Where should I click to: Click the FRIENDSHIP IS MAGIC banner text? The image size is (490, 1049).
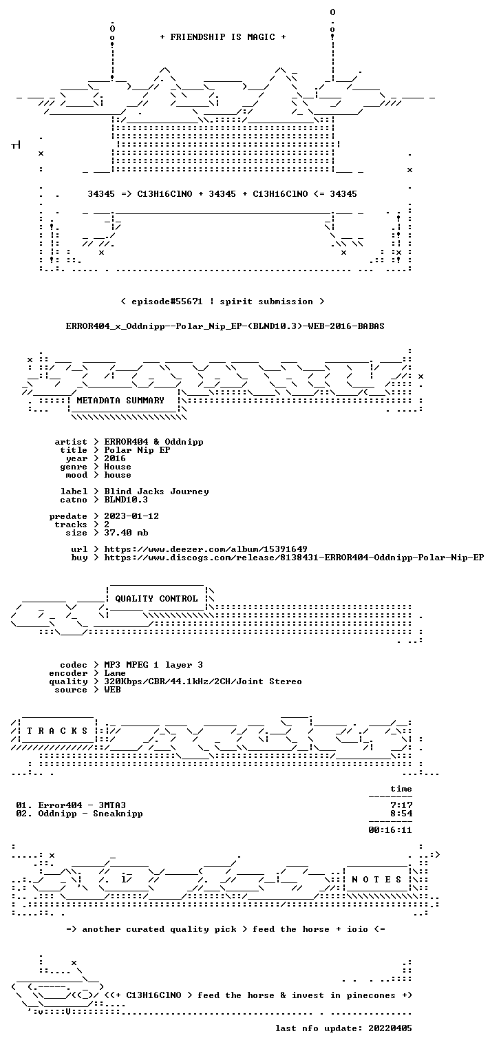tap(223, 37)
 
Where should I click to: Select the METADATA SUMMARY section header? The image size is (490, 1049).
tap(120, 401)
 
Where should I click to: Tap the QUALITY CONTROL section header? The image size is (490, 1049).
tap(156, 598)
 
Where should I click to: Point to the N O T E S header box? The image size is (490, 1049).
tap(376, 879)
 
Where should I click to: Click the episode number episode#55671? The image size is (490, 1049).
tap(167, 301)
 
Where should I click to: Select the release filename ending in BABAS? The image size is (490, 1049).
tap(225, 326)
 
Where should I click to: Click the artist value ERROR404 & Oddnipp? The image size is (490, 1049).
tap(153, 442)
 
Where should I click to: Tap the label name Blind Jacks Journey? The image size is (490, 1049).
tap(156, 491)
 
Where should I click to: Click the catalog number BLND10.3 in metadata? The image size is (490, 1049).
tap(126, 500)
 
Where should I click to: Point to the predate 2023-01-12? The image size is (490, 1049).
tap(131, 516)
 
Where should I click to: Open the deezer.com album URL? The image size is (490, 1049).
tap(206, 549)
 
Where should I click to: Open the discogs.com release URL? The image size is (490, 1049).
tap(294, 558)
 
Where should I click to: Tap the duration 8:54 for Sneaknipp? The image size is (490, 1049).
tap(401, 814)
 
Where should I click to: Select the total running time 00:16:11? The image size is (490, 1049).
tap(390, 830)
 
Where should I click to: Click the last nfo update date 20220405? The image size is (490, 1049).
tap(390, 1028)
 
